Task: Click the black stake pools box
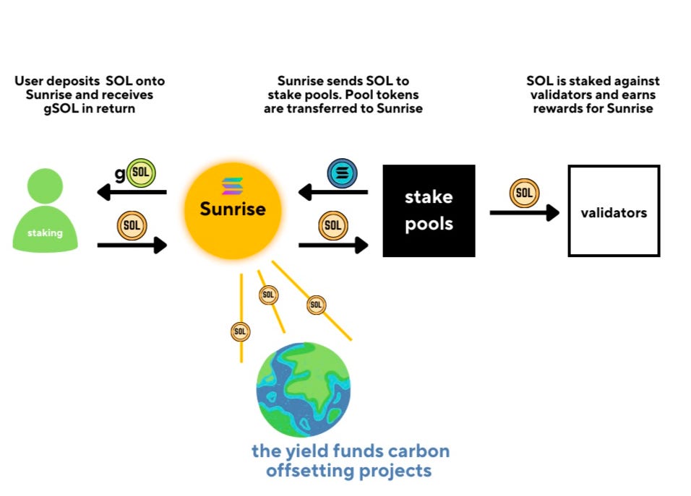coord(429,211)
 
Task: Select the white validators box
coord(614,211)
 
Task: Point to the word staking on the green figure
coord(45,233)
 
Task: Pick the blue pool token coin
coord(342,174)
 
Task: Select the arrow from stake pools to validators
coord(525,212)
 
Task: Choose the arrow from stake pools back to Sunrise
coord(333,192)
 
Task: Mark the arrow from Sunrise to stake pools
coord(333,245)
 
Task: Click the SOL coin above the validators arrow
coord(524,193)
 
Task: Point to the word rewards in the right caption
coord(558,108)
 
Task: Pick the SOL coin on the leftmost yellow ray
coord(241,331)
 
